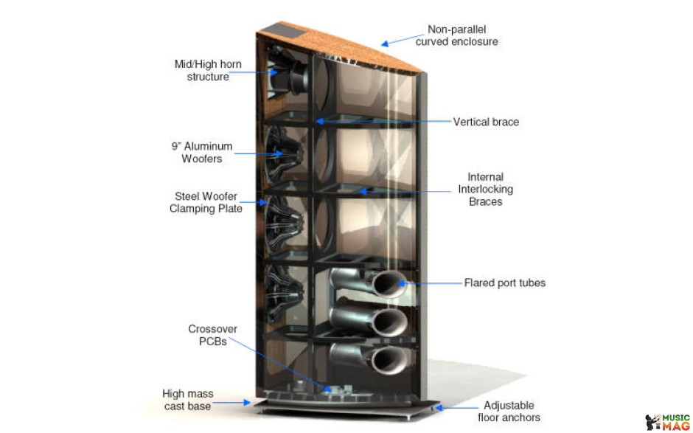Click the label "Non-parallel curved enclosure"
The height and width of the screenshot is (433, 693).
tap(456, 35)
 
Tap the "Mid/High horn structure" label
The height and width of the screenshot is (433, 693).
tap(208, 70)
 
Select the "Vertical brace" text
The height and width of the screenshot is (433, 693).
tap(486, 122)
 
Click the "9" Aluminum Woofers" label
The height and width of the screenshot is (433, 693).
tap(202, 152)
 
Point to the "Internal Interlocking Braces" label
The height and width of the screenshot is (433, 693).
tap(485, 190)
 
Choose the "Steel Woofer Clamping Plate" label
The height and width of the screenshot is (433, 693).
tap(206, 202)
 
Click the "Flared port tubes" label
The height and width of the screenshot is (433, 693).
tap(505, 283)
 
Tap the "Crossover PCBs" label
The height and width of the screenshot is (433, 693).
tap(212, 335)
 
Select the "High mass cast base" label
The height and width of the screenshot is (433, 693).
tap(187, 400)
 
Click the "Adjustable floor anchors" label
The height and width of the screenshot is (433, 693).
tap(509, 412)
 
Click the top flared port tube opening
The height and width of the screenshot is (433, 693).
tap(388, 284)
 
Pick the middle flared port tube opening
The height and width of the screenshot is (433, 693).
tap(391, 322)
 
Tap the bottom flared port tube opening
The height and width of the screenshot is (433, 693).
tap(389, 359)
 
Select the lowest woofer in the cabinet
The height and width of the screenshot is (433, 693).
tap(283, 294)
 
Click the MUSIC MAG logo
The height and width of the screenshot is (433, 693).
tap(667, 422)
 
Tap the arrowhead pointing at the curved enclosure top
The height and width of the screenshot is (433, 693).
tap(385, 44)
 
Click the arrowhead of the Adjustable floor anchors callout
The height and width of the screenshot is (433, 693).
tap(439, 408)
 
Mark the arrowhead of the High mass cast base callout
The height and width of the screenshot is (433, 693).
tap(247, 403)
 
